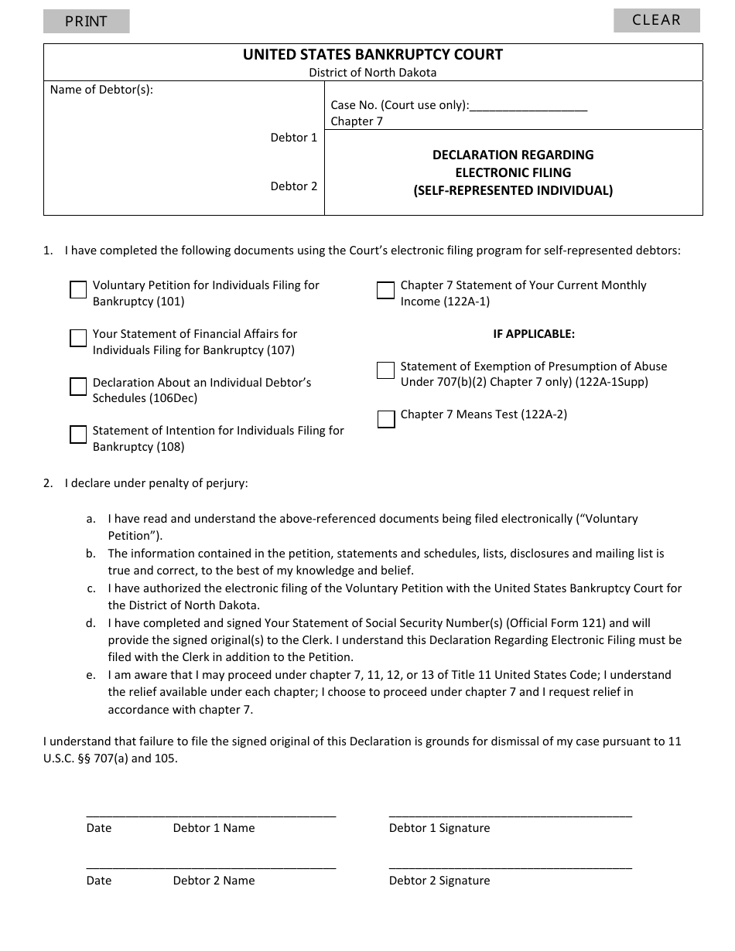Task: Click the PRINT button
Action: coord(86,22)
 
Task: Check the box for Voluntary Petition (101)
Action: coord(78,290)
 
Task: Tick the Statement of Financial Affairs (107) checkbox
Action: coord(78,338)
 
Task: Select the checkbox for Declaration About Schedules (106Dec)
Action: coord(78,387)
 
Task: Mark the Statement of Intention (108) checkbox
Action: coord(78,435)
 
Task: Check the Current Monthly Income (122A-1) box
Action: coord(385,290)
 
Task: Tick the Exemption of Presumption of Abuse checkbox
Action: coord(385,370)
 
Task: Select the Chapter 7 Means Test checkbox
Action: coord(385,419)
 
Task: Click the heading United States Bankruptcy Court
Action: coord(373,55)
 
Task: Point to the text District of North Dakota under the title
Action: coord(373,73)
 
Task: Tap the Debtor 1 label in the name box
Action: coord(294,138)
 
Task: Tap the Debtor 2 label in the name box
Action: coord(294,186)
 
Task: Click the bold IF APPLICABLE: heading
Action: coord(534,334)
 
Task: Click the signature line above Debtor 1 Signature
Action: coord(510,815)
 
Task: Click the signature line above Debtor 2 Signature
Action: coord(510,867)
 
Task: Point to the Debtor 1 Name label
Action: coord(214,828)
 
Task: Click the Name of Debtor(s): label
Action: coord(101,90)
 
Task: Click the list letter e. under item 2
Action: coord(91,675)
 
